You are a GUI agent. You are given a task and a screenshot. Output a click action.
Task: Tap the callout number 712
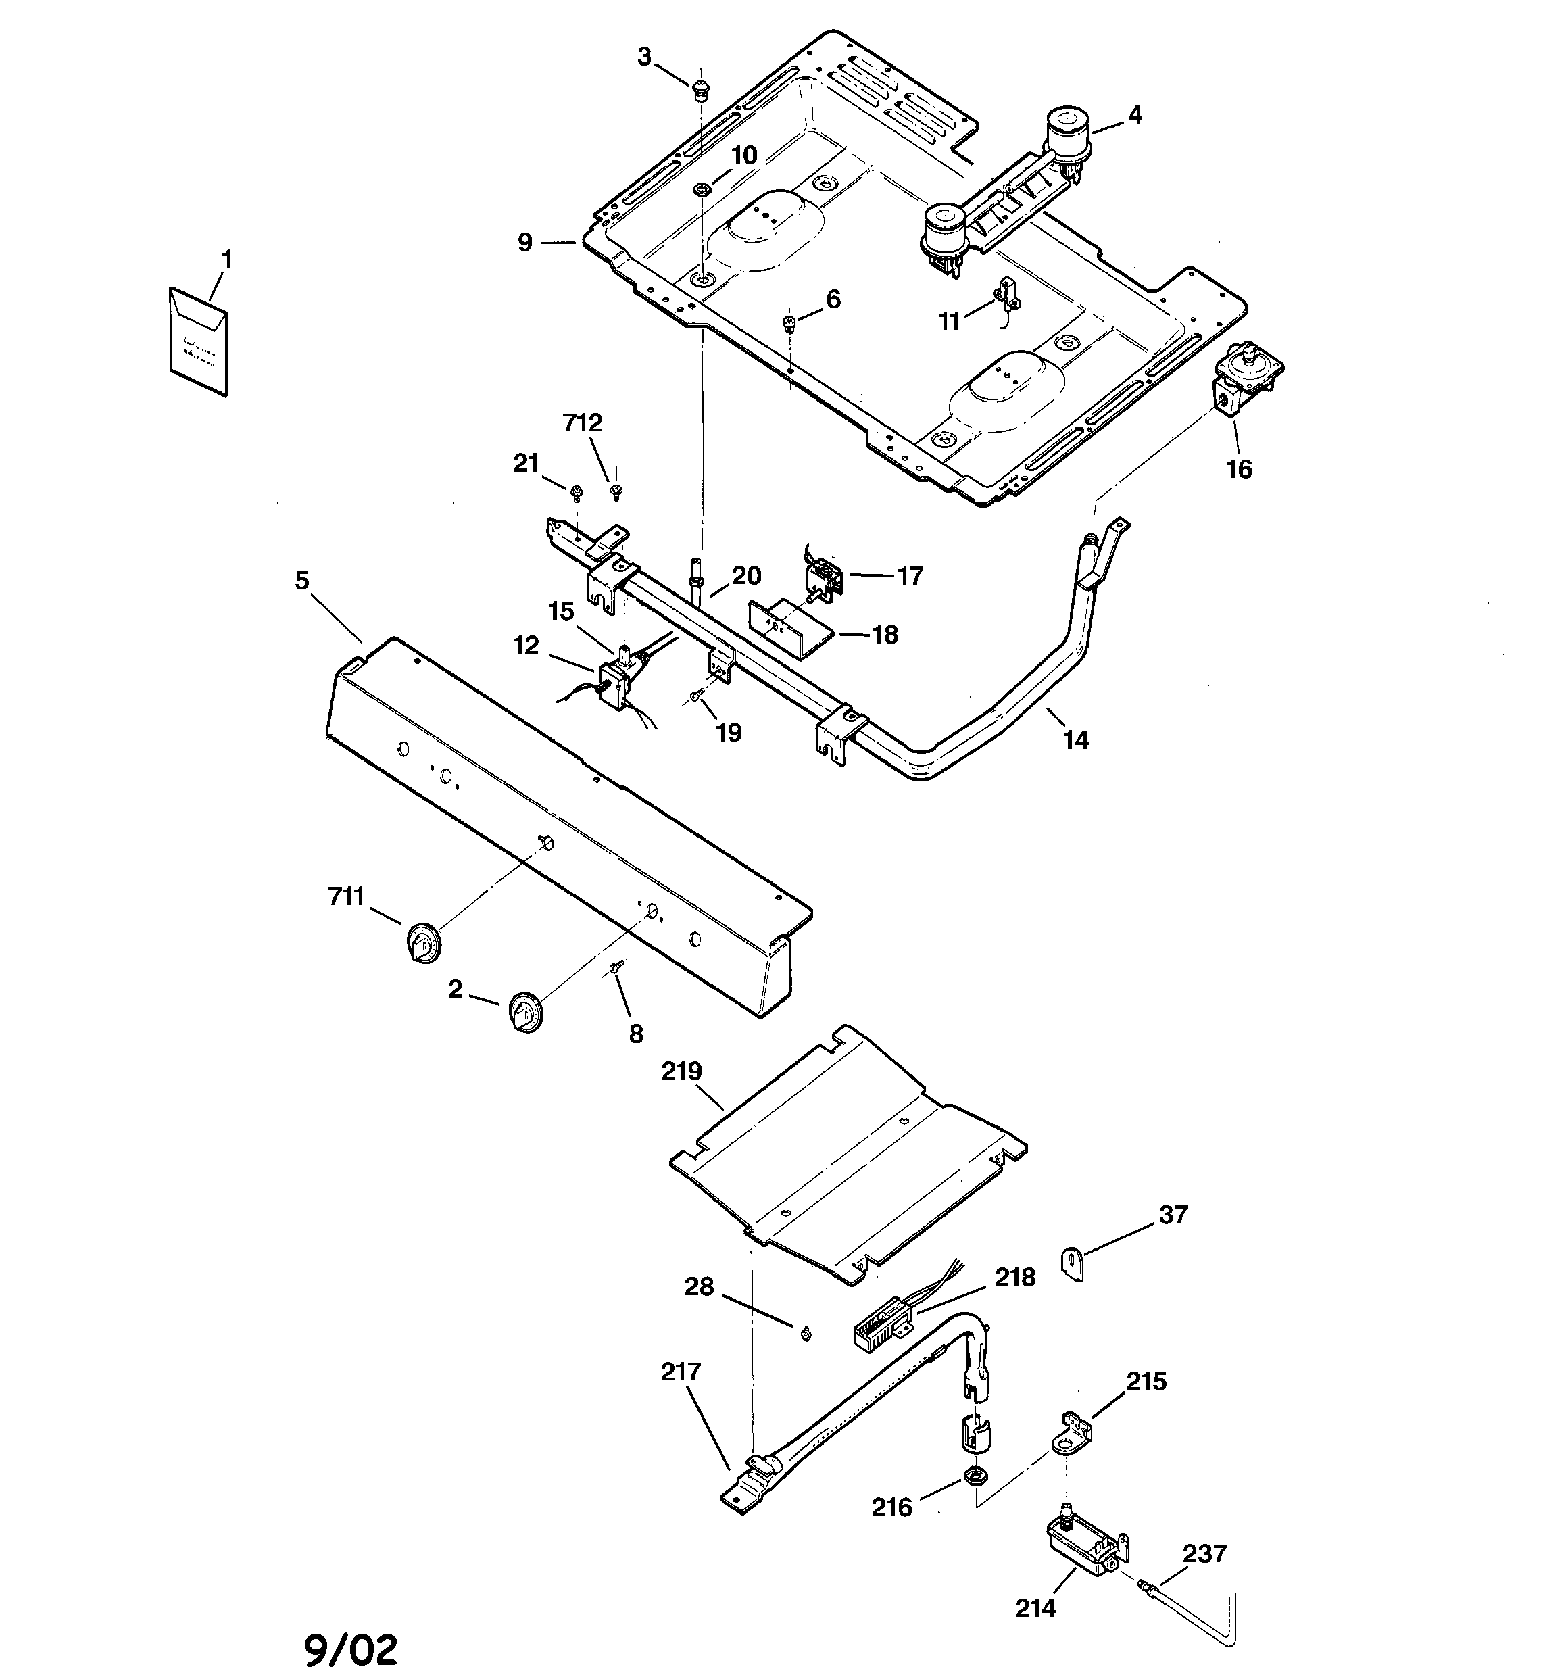click(x=583, y=423)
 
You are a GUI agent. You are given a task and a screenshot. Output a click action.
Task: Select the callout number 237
click(x=1204, y=1553)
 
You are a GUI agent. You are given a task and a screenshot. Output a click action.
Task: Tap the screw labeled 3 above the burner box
click(x=700, y=89)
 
